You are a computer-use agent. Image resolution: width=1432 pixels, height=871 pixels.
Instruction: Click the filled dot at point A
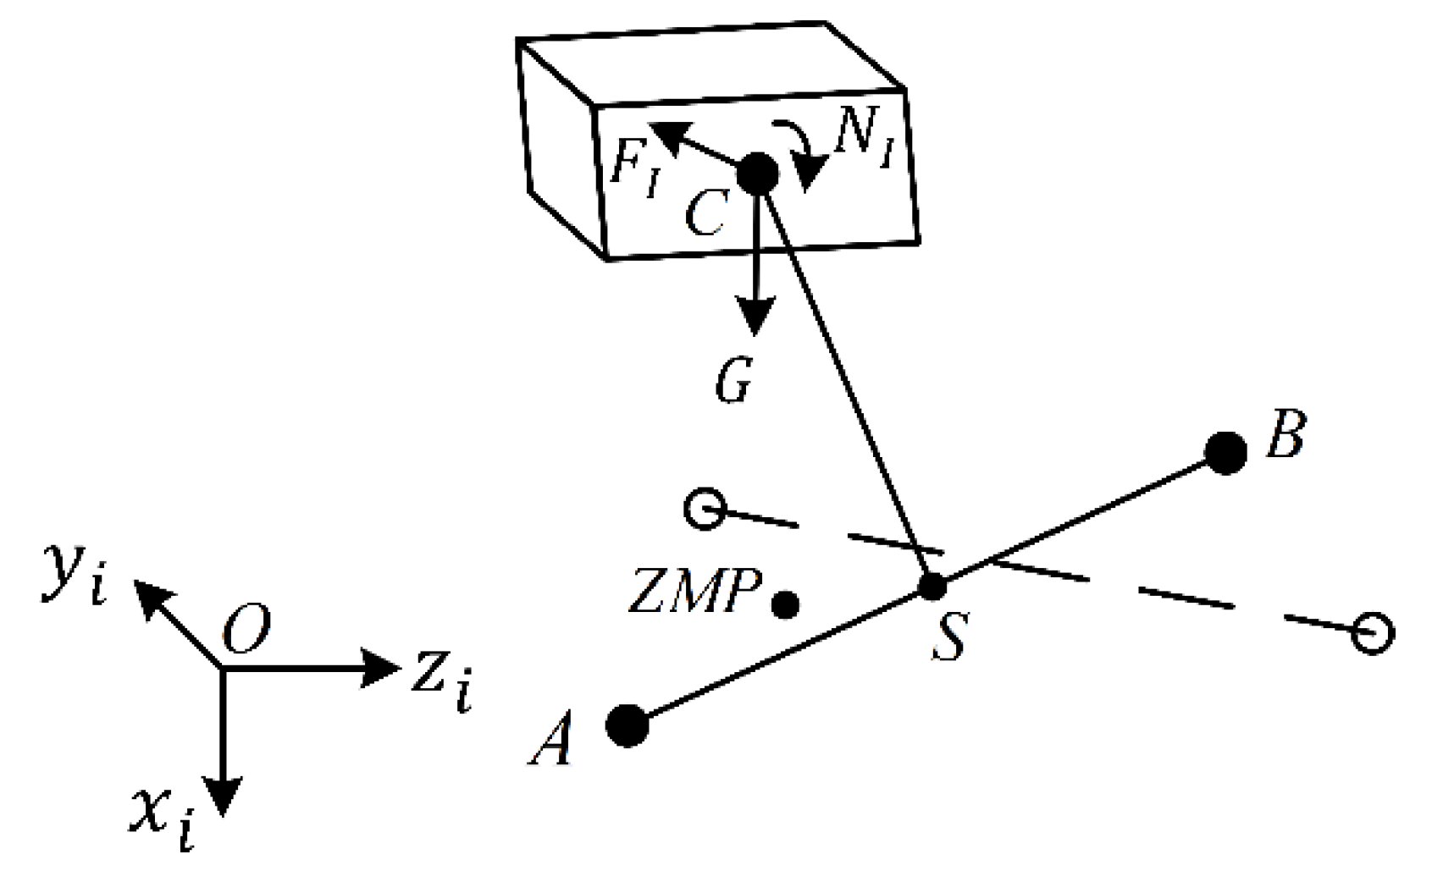click(628, 725)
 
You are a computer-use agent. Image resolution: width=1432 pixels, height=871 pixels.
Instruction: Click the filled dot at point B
click(1225, 453)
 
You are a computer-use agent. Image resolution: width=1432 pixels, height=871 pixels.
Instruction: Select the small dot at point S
click(932, 586)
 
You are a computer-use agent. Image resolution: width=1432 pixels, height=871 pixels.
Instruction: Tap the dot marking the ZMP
click(785, 604)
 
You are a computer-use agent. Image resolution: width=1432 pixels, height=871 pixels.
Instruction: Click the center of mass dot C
click(757, 174)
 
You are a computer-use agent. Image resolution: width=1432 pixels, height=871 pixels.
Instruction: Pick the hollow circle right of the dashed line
click(1372, 633)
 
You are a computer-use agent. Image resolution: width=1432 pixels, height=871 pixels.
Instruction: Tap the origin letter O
click(246, 632)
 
